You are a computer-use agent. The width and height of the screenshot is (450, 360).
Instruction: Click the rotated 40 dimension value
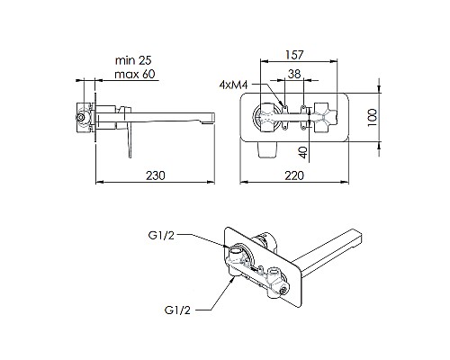[x=305, y=152]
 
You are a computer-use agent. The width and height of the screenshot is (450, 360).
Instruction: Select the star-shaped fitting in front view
[x=322, y=116]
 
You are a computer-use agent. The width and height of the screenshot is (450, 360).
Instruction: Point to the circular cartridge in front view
[x=267, y=116]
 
